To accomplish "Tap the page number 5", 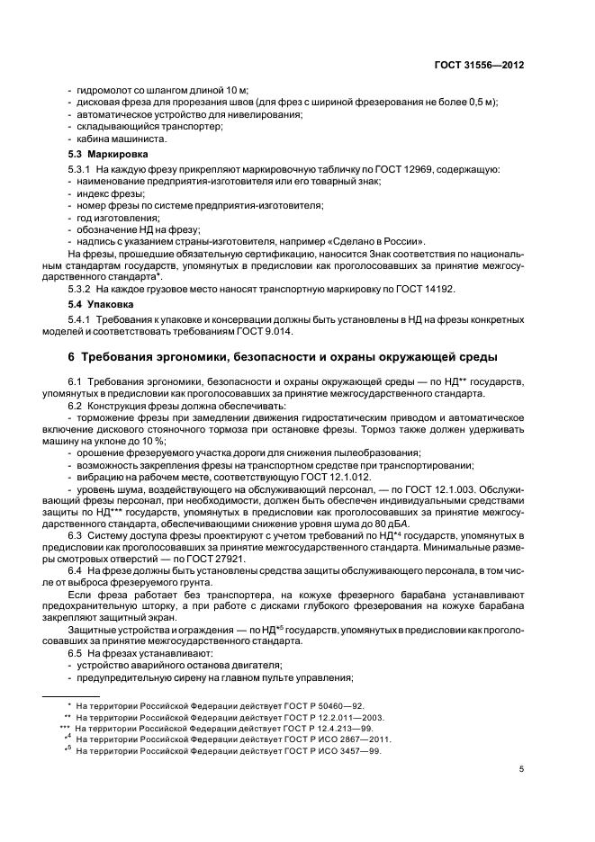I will (521, 769).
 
